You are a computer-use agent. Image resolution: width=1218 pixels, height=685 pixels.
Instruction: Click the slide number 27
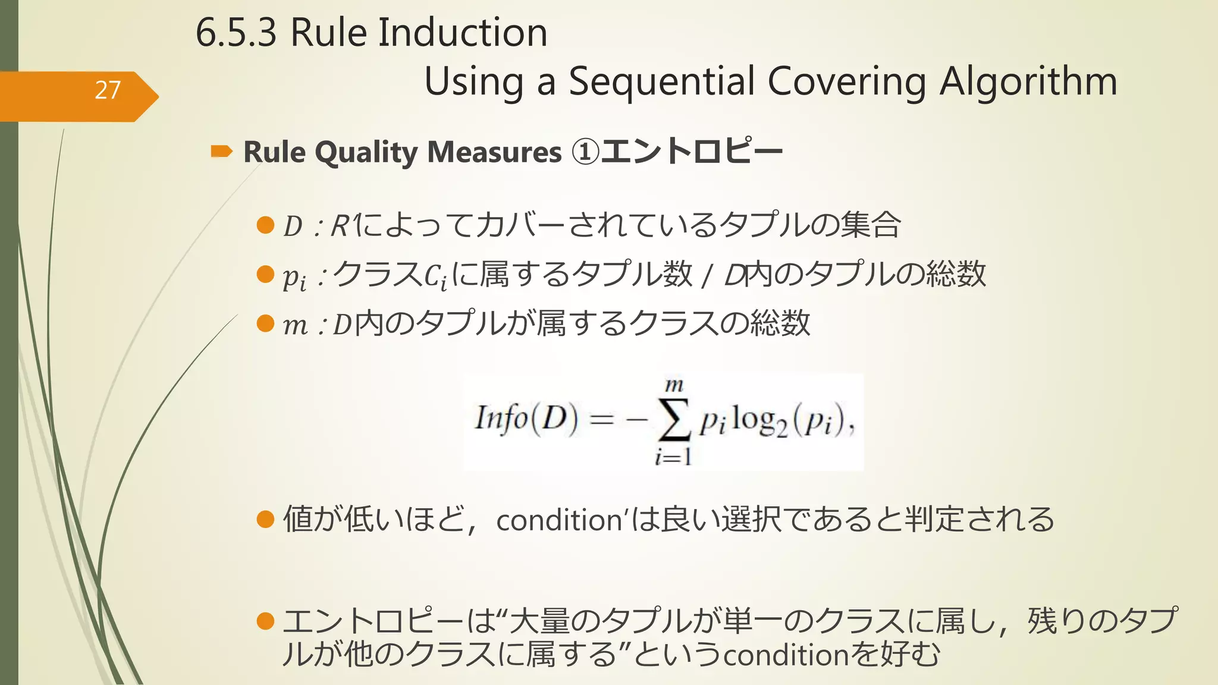coord(108,90)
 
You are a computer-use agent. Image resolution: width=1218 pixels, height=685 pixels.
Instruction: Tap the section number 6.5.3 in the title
coord(236,33)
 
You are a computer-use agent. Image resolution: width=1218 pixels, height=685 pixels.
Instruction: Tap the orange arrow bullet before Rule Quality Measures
coord(221,152)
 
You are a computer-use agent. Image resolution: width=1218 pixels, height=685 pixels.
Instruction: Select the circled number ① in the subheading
coord(585,152)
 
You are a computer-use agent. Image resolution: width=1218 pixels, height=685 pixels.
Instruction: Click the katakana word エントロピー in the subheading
coord(692,152)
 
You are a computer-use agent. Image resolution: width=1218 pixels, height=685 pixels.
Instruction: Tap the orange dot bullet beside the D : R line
coord(265,225)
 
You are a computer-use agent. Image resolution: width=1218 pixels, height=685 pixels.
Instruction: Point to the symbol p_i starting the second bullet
coord(294,277)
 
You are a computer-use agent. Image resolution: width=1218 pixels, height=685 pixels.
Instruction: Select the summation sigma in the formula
coord(674,421)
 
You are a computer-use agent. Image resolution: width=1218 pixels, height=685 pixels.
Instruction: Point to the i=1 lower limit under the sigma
coord(673,457)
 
